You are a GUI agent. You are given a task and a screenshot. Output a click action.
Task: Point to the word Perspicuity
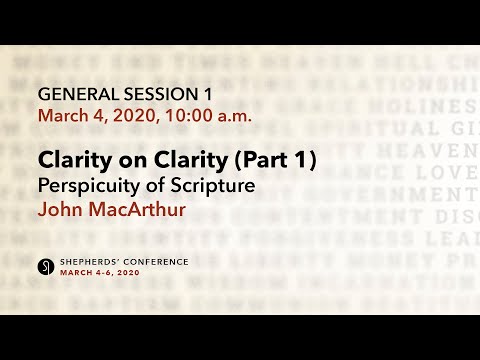88,185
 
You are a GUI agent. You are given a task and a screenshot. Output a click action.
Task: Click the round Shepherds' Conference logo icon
46,265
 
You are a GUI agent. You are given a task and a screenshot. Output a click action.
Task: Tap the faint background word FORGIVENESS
300,238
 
